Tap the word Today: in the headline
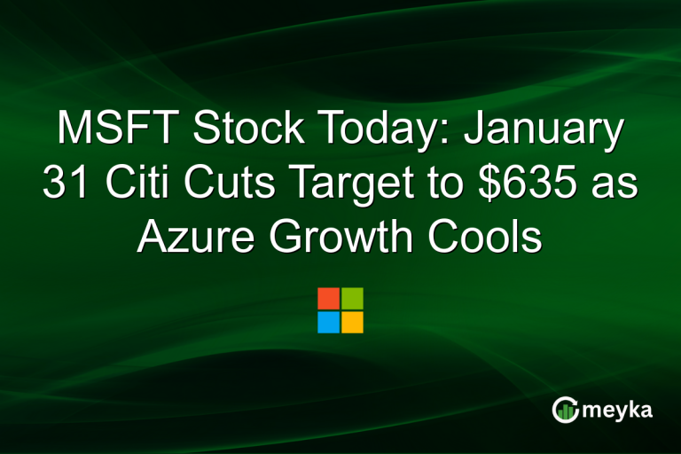366,132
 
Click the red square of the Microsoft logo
328,298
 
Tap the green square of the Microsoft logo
352,298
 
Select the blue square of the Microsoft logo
328,322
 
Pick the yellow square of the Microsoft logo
352,322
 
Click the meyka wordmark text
621,410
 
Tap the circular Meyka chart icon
565,409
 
